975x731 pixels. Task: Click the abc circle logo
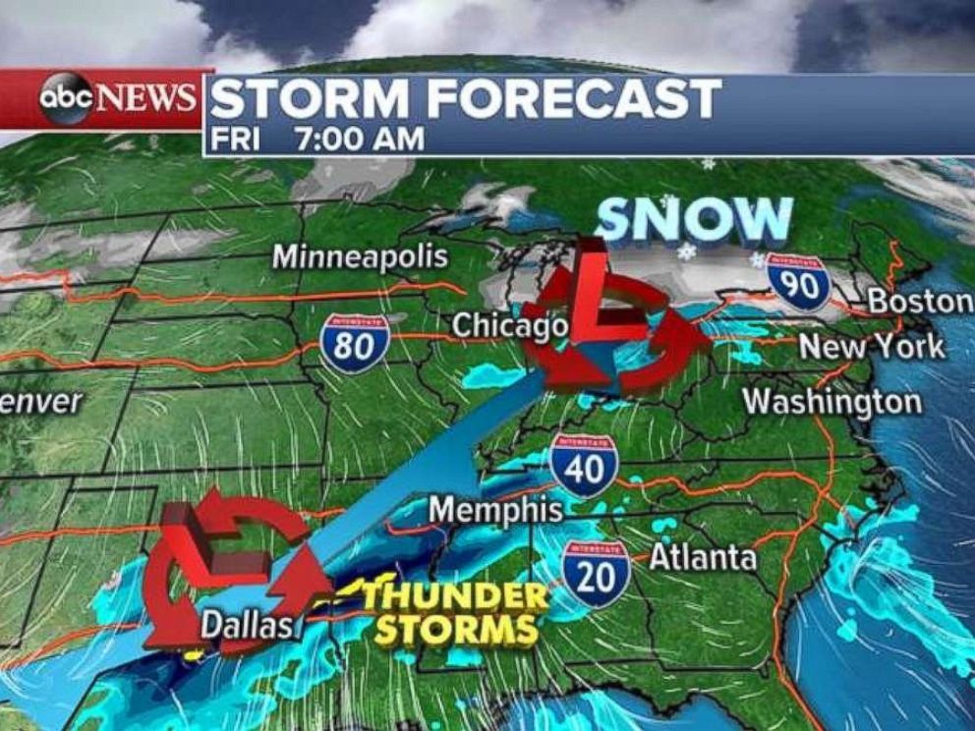[66, 98]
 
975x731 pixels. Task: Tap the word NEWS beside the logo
[145, 98]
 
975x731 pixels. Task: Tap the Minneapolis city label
[360, 257]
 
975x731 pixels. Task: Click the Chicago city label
[509, 325]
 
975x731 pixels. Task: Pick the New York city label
[871, 347]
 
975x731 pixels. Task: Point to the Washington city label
[832, 402]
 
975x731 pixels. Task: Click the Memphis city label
[495, 510]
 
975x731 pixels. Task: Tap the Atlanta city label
[703, 558]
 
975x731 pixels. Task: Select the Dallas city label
[248, 625]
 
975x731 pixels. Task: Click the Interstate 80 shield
[355, 344]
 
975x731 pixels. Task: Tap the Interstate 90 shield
[798, 282]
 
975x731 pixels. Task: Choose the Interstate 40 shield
[584, 465]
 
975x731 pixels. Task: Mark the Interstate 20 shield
[596, 571]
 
